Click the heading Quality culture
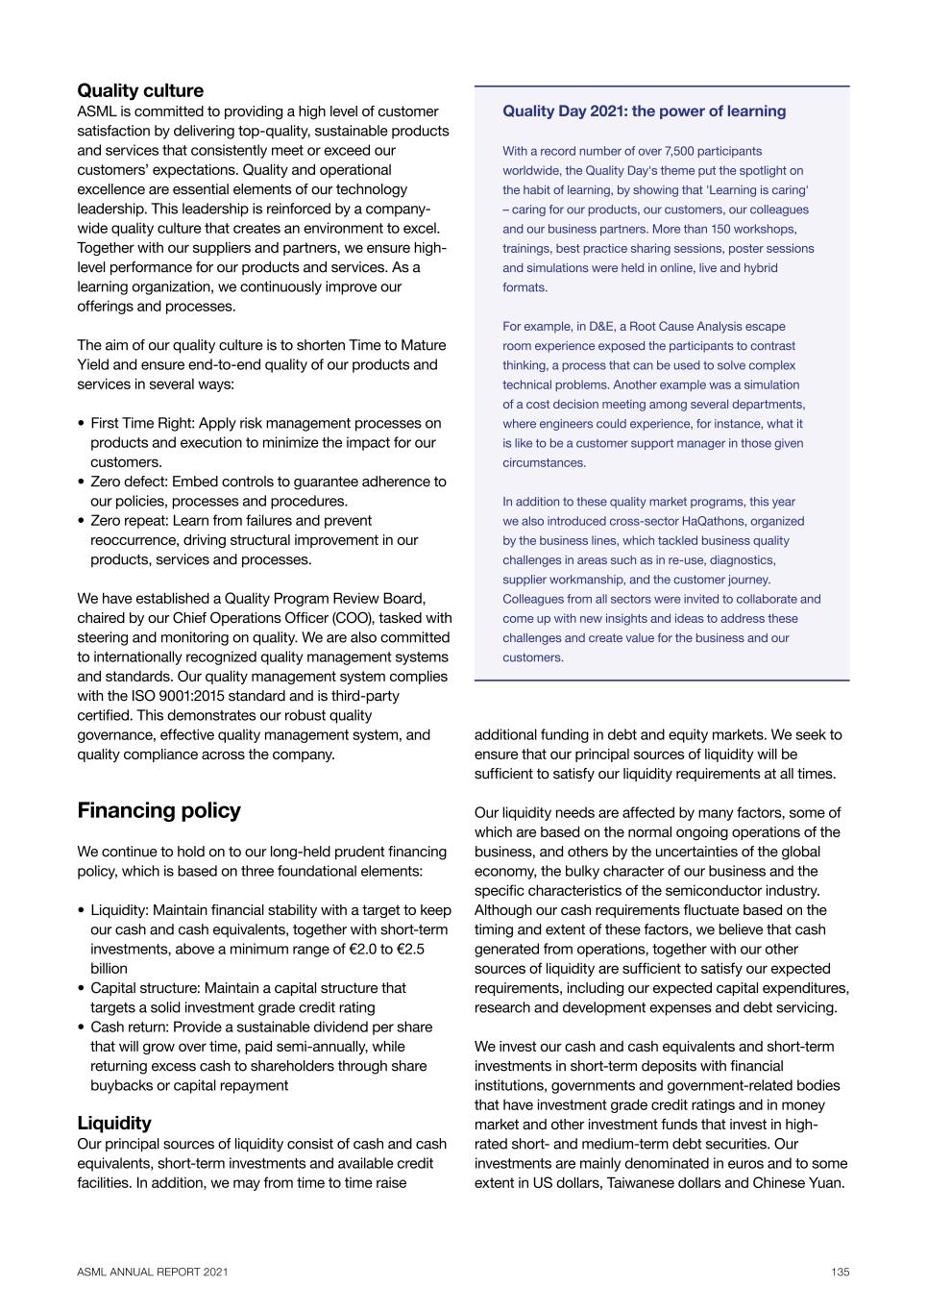point(140,91)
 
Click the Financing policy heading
point(159,810)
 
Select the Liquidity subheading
point(114,1123)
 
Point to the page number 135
point(841,1272)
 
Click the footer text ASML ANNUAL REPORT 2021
point(153,1272)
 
